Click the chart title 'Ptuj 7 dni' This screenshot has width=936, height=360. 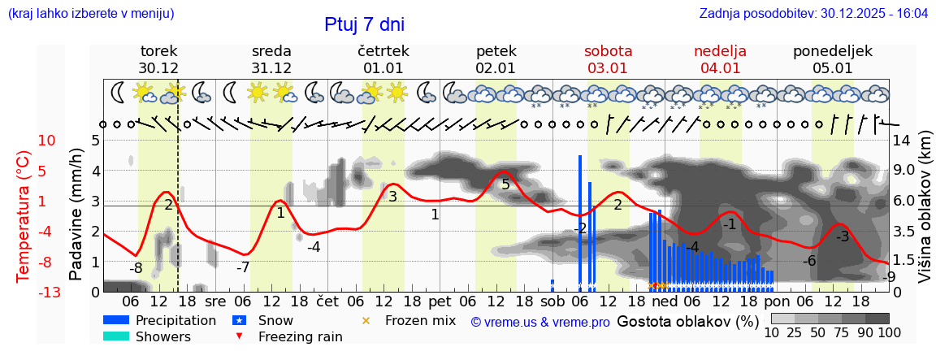point(364,24)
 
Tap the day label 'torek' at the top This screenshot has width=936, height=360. point(158,50)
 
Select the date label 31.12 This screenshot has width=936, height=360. point(271,68)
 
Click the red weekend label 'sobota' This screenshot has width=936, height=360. point(608,50)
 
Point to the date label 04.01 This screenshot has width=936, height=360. point(720,68)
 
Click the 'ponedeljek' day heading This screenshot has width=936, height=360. point(833,50)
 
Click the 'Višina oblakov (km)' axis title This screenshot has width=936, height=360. point(925,215)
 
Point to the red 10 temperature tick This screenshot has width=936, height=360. point(47,141)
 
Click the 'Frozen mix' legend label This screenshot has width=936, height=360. point(420,320)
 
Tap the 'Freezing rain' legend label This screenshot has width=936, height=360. point(300,336)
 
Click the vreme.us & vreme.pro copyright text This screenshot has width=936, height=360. point(540,322)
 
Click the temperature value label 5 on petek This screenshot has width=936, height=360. point(505,184)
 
